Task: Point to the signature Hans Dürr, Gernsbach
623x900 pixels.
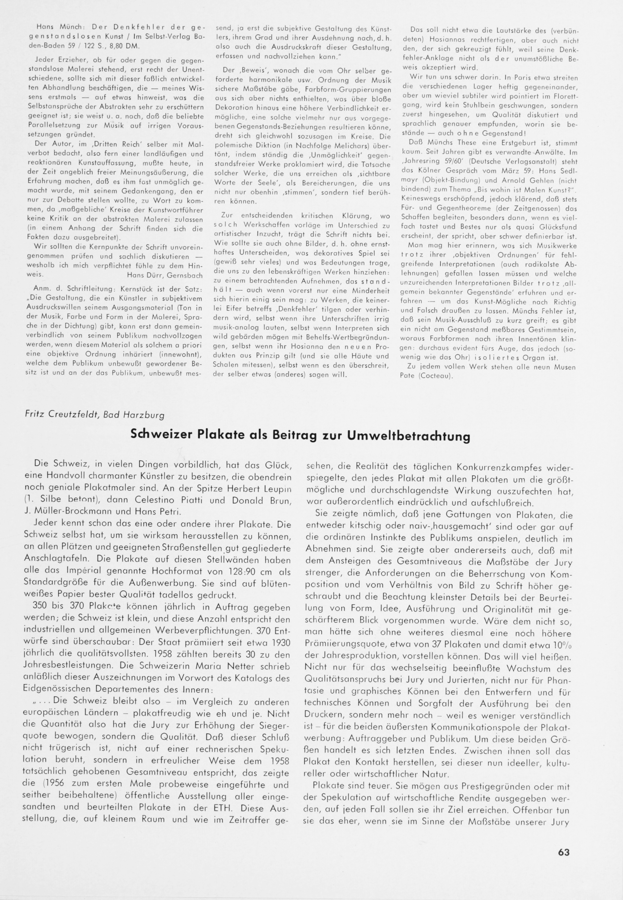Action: (165, 275)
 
